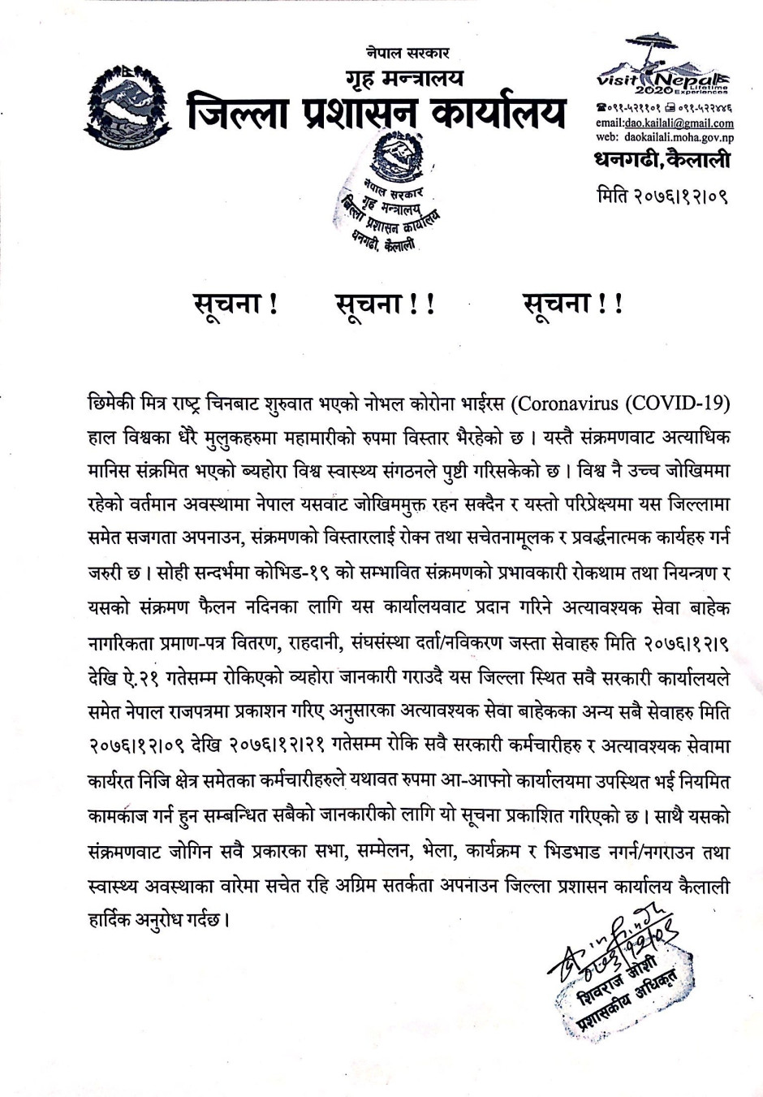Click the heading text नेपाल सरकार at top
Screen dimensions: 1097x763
tap(407, 54)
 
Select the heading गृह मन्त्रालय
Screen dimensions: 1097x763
tap(403, 78)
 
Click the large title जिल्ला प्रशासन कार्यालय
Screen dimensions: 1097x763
tap(376, 114)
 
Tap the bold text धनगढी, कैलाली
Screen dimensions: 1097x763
tap(662, 160)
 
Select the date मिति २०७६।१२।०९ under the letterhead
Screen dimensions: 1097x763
tap(662, 196)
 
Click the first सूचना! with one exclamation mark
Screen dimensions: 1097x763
tap(235, 304)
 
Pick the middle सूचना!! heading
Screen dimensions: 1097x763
tap(386, 304)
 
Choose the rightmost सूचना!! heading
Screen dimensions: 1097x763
tap(573, 304)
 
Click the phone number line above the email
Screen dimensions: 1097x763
tap(664, 107)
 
